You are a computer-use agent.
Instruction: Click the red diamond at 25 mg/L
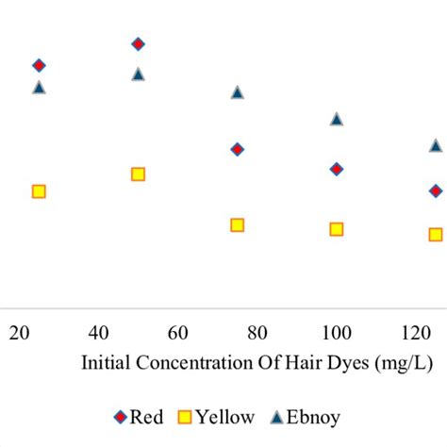coord(39,65)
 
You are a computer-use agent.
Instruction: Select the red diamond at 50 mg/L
coord(138,44)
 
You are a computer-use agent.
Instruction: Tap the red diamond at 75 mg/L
coord(238,149)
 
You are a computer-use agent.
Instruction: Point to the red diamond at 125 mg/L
coord(436,190)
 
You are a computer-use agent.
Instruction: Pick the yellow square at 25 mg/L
coord(39,191)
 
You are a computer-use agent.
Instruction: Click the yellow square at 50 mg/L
coord(138,174)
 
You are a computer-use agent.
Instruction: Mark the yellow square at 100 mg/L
coord(337,229)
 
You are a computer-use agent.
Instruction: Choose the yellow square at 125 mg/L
coord(436,234)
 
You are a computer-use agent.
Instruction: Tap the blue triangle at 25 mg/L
coord(39,87)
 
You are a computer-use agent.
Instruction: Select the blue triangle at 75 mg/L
coord(238,92)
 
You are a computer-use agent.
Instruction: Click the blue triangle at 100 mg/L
coord(337,119)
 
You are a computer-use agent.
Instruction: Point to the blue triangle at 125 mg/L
coord(436,145)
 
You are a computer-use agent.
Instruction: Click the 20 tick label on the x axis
coord(18,332)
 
